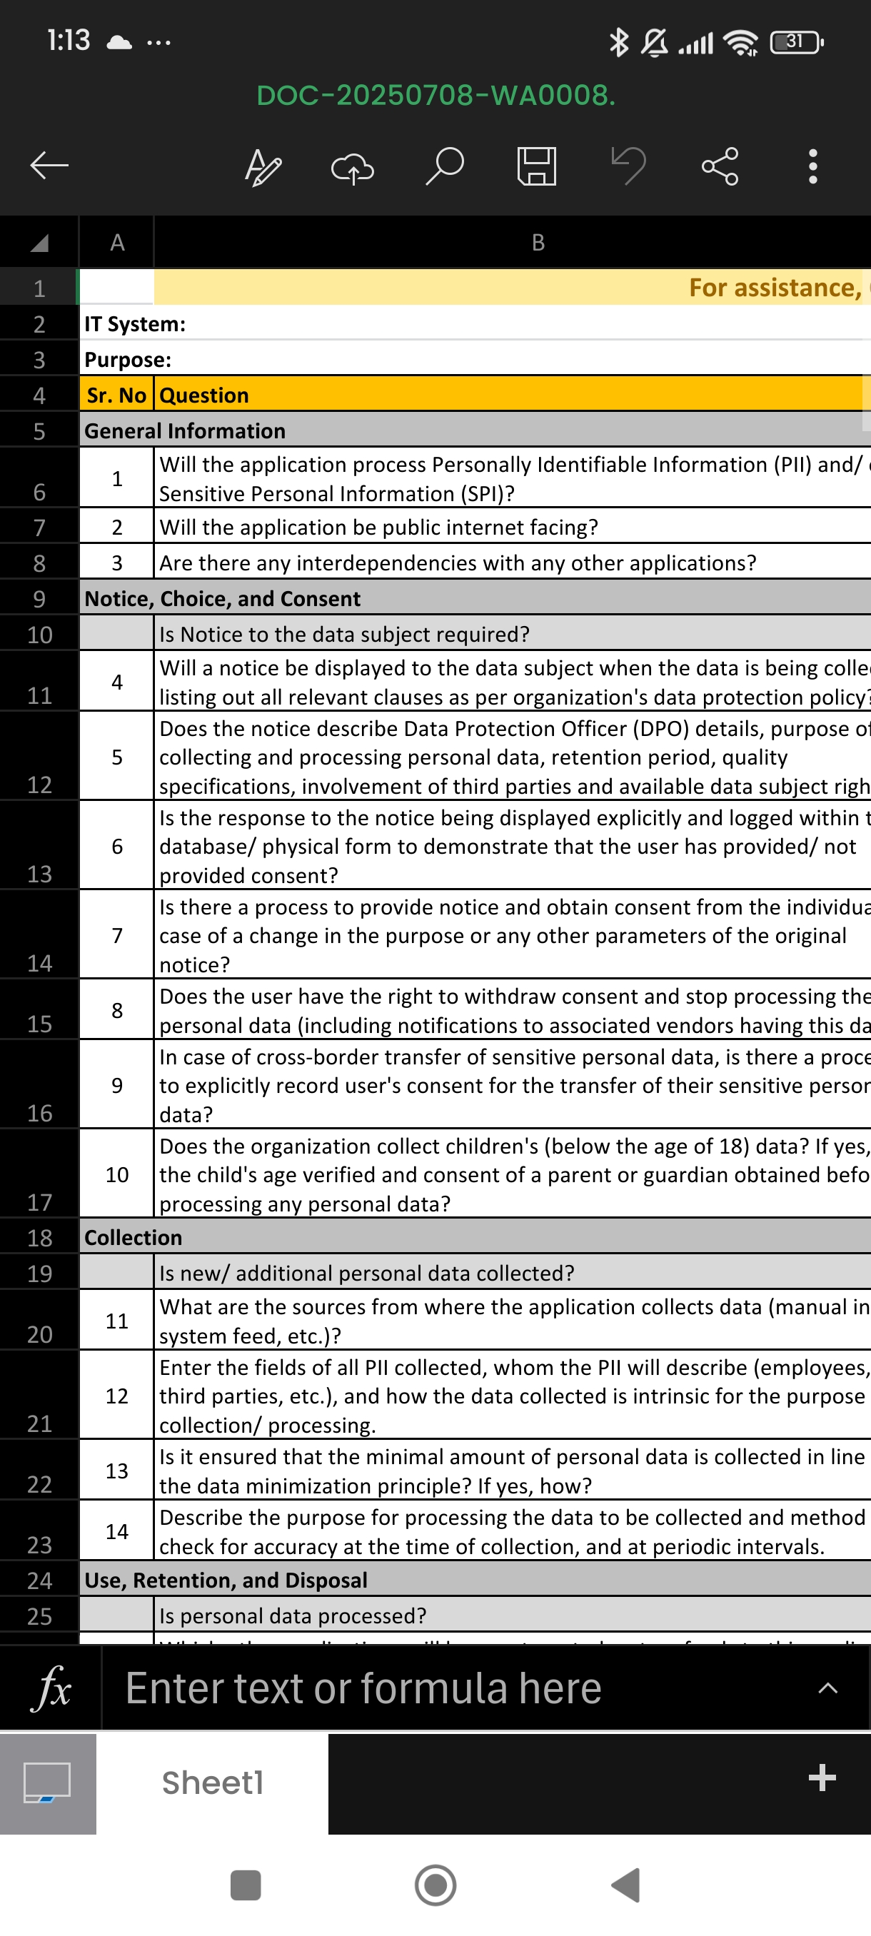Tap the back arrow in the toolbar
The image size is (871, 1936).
49,166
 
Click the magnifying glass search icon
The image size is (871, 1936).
445,166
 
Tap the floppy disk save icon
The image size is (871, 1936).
537,166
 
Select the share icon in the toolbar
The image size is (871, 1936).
720,166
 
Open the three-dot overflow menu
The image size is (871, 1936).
812,166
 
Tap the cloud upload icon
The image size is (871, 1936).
353,167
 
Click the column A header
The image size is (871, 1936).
116,242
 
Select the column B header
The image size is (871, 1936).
538,242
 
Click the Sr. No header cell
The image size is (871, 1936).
116,395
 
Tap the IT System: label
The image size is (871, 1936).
135,324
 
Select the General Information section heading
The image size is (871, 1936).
185,430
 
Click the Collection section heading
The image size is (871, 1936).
133,1237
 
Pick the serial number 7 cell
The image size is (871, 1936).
116,935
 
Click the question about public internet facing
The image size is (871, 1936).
379,527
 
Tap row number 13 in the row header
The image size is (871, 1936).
39,873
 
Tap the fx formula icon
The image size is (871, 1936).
51,1688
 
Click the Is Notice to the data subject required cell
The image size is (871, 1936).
344,635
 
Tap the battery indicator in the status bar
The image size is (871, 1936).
797,41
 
